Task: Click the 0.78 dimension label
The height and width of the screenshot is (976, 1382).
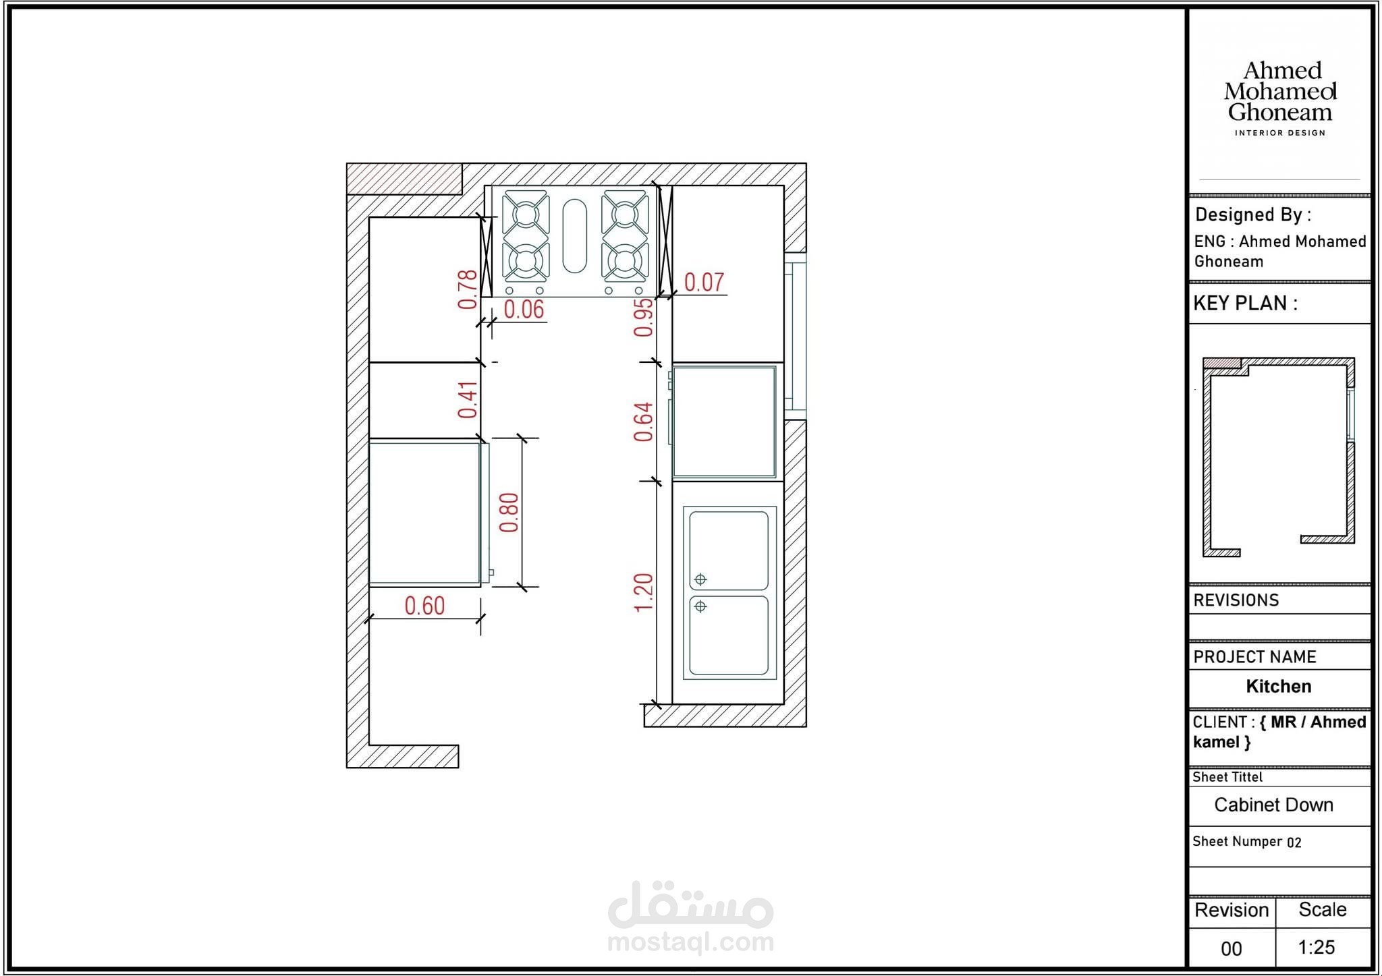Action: click(x=467, y=289)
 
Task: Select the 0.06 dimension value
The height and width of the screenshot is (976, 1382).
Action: click(x=524, y=310)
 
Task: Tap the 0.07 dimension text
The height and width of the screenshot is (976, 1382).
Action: click(x=704, y=282)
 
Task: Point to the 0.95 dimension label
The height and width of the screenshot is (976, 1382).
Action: click(x=643, y=317)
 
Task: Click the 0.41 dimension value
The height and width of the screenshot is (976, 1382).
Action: click(x=467, y=400)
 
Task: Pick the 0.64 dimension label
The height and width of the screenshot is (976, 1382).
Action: click(x=643, y=422)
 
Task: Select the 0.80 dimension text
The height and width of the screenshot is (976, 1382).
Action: click(x=508, y=513)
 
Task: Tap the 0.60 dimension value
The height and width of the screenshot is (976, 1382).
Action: click(x=424, y=606)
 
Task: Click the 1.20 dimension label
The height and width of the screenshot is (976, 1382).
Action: click(x=643, y=592)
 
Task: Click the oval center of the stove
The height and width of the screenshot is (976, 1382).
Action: click(x=574, y=235)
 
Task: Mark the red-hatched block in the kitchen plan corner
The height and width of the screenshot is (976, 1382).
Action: click(x=404, y=179)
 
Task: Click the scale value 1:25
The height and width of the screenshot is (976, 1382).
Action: click(x=1316, y=947)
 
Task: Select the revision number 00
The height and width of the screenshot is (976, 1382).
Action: click(x=1231, y=948)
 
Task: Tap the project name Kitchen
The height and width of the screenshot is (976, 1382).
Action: click(x=1279, y=686)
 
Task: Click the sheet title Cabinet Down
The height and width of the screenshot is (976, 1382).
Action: click(x=1273, y=805)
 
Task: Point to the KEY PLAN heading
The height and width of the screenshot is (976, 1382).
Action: click(x=1245, y=304)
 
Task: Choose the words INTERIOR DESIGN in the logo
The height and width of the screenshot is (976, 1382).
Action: click(x=1280, y=133)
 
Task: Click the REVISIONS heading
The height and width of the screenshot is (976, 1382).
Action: click(x=1236, y=600)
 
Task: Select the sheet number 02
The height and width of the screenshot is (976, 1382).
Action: click(x=1294, y=842)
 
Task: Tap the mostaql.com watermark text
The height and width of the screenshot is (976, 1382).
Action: click(x=690, y=941)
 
